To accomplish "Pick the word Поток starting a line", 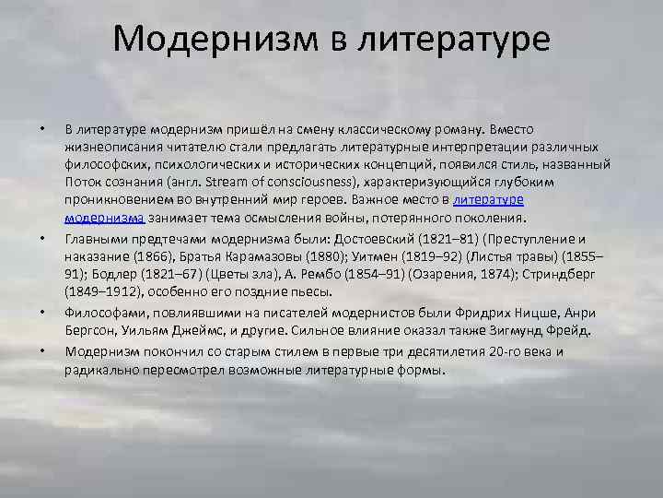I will (84, 181).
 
